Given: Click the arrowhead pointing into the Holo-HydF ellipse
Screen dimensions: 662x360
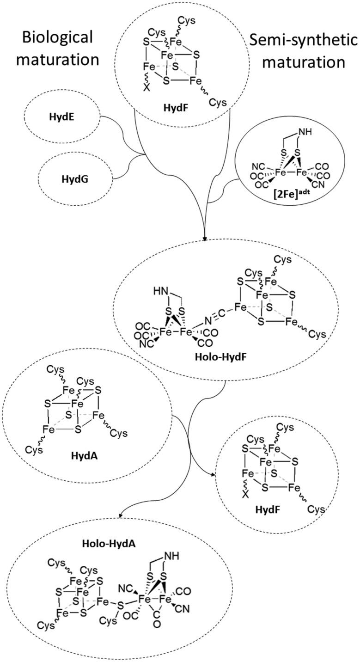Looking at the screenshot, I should (204, 239).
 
